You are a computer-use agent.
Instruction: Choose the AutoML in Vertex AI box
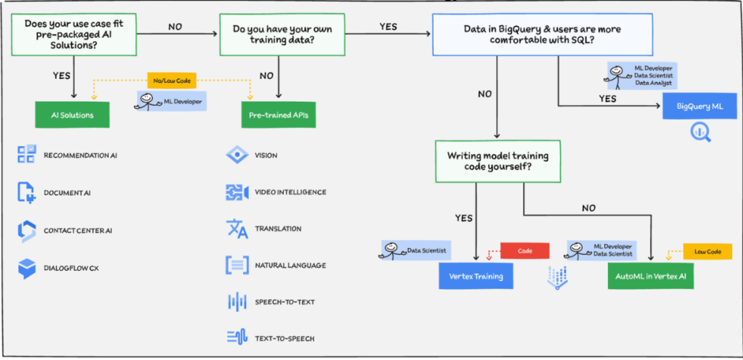click(x=652, y=277)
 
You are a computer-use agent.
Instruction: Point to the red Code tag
click(x=525, y=250)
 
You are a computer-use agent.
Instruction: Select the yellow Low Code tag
click(x=707, y=251)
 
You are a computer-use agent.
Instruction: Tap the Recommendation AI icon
click(x=27, y=155)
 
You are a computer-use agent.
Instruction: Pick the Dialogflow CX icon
click(x=27, y=269)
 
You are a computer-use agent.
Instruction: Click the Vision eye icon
click(x=237, y=155)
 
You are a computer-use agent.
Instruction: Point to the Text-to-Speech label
click(x=284, y=338)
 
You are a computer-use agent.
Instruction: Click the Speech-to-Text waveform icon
click(x=237, y=301)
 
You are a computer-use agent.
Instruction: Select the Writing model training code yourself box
click(x=497, y=161)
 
